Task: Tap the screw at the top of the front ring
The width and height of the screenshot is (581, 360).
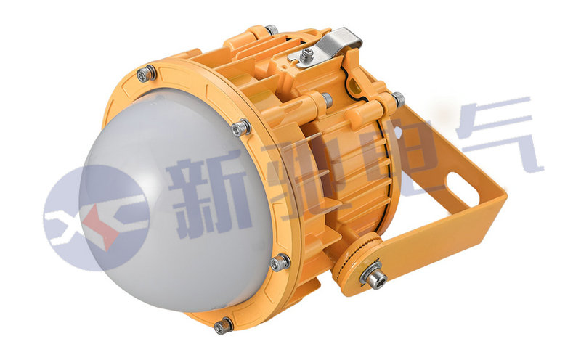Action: click(x=147, y=74)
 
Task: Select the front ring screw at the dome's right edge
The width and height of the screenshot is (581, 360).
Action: click(x=241, y=127)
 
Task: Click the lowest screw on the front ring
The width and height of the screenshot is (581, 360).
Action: click(x=224, y=326)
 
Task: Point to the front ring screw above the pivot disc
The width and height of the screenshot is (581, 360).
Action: click(x=280, y=262)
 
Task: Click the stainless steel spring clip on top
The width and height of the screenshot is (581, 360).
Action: click(x=326, y=47)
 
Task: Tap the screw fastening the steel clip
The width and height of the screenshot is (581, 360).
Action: click(x=306, y=55)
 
